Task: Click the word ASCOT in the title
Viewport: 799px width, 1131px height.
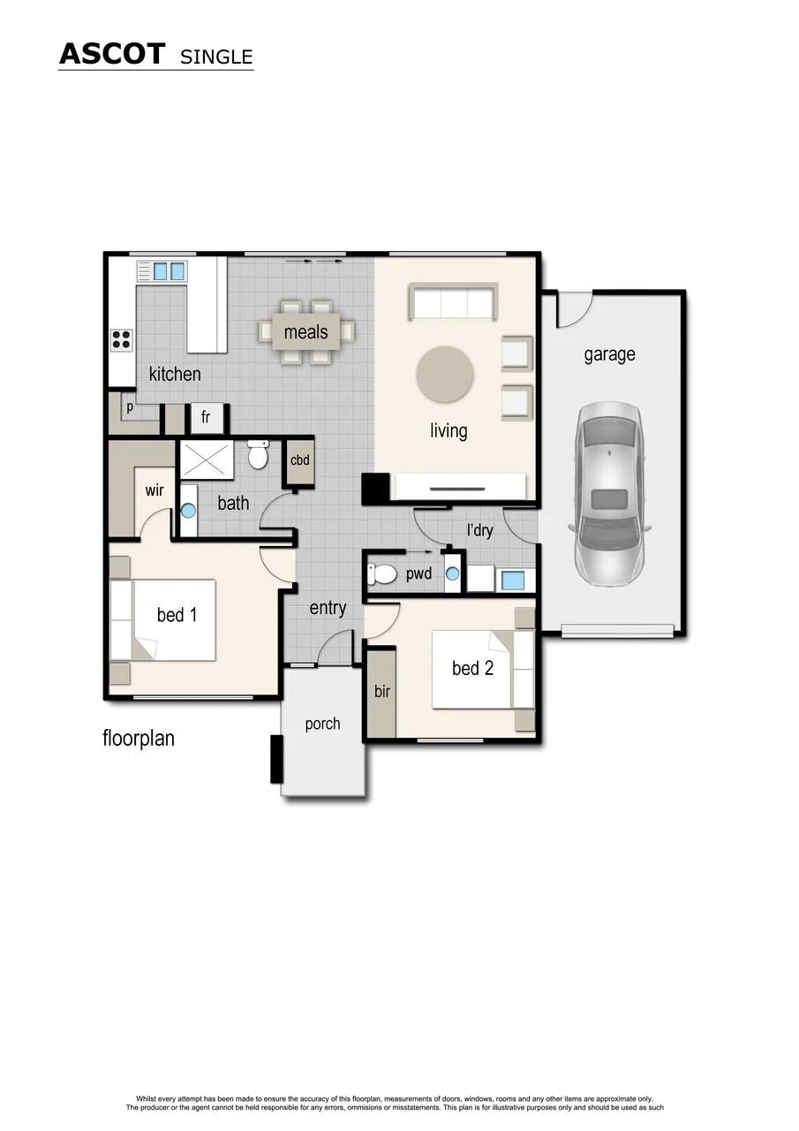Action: [x=112, y=54]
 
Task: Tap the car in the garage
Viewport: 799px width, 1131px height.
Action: [x=610, y=494]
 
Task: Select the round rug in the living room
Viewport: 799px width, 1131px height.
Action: [x=444, y=374]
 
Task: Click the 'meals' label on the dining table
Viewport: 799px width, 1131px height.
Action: [x=305, y=331]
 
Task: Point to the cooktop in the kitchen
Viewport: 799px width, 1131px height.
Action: [x=122, y=339]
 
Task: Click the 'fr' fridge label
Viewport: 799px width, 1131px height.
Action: [x=206, y=417]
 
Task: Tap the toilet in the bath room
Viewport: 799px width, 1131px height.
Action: [x=258, y=454]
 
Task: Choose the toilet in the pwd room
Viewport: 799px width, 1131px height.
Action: [x=382, y=574]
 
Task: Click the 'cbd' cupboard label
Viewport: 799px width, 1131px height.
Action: [x=299, y=460]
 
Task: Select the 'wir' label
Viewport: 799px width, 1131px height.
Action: [x=155, y=490]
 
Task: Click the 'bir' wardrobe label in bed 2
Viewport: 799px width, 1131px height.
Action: [x=382, y=691]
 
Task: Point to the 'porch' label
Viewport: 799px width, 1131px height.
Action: [x=322, y=724]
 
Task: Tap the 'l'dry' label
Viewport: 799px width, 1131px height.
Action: [x=479, y=530]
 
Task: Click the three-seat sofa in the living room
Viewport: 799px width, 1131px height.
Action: [x=453, y=301]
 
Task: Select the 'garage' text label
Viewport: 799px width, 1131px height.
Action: [x=609, y=354]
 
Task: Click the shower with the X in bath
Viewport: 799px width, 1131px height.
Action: [x=207, y=459]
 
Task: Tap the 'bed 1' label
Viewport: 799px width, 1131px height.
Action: [x=177, y=614]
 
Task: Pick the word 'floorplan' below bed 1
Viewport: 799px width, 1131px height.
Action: [x=139, y=738]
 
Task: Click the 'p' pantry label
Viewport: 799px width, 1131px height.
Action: [x=130, y=407]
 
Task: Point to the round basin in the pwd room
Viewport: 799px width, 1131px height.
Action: [x=452, y=573]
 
